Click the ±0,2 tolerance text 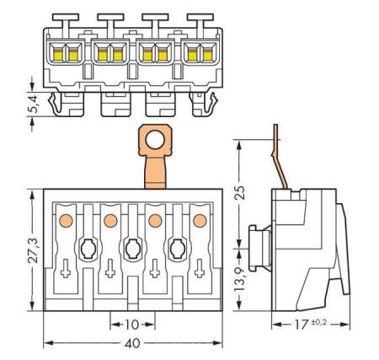(318, 321)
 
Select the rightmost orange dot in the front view (200, 221)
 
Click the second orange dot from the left (109, 221)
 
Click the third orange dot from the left (155, 221)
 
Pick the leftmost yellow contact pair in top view (64, 56)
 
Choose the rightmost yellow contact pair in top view (200, 56)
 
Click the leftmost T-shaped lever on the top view (64, 17)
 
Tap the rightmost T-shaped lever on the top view (200, 17)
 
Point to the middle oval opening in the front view (132, 248)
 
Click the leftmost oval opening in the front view (87, 248)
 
